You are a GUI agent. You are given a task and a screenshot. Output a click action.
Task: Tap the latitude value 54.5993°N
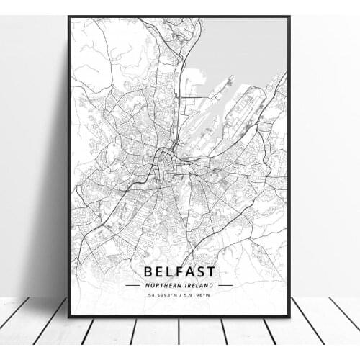point(161,295)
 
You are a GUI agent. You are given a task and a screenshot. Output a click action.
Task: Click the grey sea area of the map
point(245,43)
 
